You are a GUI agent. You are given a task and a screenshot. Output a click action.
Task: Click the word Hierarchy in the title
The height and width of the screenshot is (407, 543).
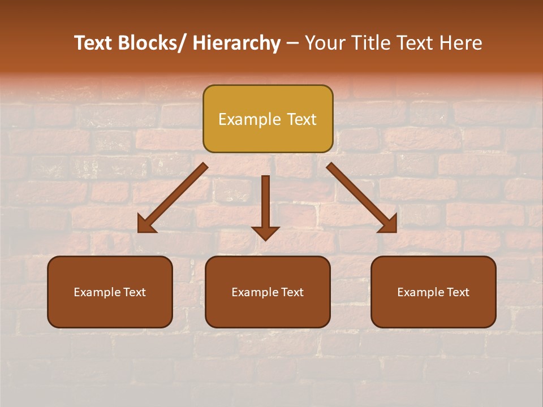click(236, 43)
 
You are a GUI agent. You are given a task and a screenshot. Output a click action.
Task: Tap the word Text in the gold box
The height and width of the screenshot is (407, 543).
click(301, 119)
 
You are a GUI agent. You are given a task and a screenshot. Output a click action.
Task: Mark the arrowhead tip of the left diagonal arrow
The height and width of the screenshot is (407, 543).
click(140, 231)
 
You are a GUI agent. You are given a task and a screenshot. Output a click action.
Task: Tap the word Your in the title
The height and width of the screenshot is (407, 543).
click(325, 43)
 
